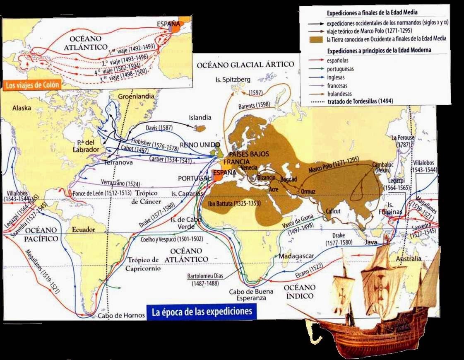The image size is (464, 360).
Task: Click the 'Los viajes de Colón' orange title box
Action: (33, 85)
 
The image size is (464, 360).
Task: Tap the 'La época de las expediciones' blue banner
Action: (202, 311)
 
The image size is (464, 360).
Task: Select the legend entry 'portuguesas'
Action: (341, 69)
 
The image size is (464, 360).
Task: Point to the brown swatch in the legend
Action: (317, 40)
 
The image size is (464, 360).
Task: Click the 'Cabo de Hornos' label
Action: (121, 316)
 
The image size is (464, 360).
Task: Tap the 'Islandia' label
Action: (200, 117)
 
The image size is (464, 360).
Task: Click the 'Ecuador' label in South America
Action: (83, 230)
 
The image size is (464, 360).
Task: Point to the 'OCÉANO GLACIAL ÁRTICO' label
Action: (245, 65)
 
